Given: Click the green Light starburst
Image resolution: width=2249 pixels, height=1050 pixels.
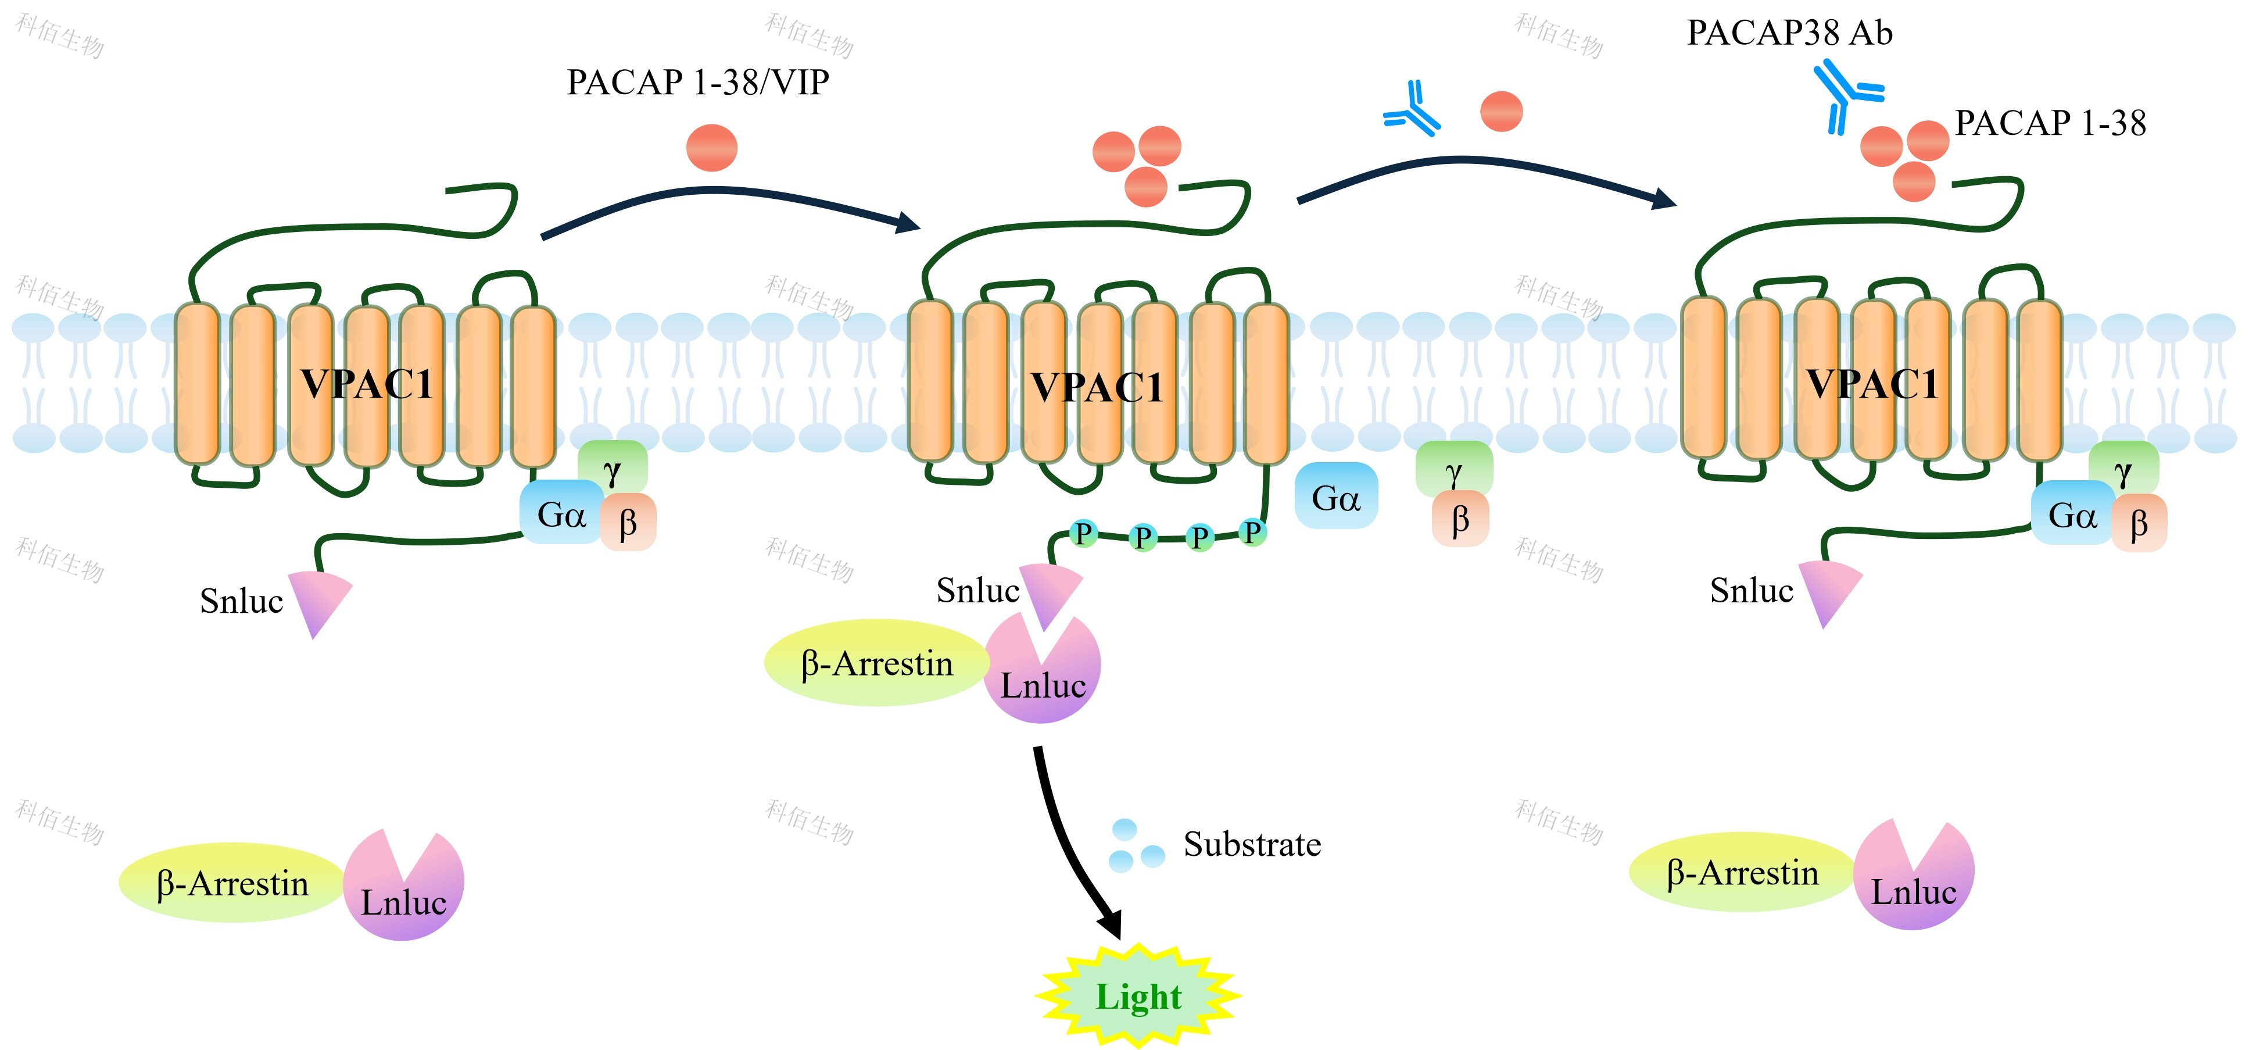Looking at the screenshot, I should coord(1138,996).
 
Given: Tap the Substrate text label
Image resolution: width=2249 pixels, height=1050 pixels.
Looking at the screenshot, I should coord(1251,844).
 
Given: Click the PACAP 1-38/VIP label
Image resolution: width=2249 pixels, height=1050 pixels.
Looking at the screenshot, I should coord(697,82).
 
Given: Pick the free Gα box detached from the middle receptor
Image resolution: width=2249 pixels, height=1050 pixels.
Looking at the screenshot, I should coord(1336,496).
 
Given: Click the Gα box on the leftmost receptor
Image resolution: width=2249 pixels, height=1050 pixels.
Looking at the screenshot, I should coord(560,513).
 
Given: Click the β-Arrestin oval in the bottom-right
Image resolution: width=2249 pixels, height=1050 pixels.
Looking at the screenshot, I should coord(1742,872).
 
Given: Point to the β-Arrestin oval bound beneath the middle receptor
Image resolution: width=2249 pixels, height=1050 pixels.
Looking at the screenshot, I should coord(876,663).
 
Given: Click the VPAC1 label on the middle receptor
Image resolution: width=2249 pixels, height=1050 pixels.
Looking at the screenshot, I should coord(1097,387).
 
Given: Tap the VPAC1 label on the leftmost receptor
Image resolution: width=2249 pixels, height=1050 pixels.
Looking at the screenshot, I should coord(367,384).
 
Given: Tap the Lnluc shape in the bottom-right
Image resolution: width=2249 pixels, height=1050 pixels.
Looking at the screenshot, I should coord(1913,876).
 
